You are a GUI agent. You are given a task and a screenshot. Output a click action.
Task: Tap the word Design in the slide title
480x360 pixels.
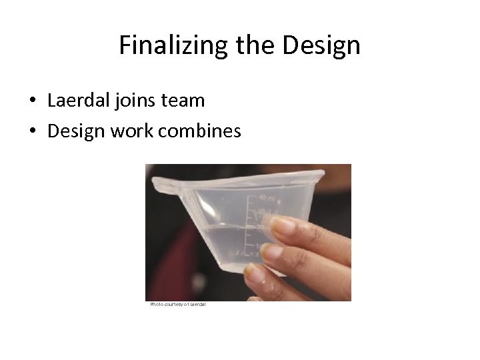[x=321, y=45]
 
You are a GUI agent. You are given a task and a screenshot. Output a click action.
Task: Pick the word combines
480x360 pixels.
[x=199, y=131]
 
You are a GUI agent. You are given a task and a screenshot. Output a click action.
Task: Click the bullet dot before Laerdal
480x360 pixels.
[x=32, y=101]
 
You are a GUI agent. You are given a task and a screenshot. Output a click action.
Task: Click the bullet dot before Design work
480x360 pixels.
[x=32, y=132]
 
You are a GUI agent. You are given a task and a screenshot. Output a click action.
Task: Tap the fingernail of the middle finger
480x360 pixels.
[x=272, y=251]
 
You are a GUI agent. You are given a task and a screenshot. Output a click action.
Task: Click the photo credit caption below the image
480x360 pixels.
[x=178, y=305]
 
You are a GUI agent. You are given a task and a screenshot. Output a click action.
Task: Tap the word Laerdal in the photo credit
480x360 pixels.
[x=198, y=305]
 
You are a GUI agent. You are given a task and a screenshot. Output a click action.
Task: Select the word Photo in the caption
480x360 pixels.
[x=157, y=305]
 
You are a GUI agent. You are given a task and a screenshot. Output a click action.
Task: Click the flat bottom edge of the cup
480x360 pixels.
[x=263, y=272]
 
